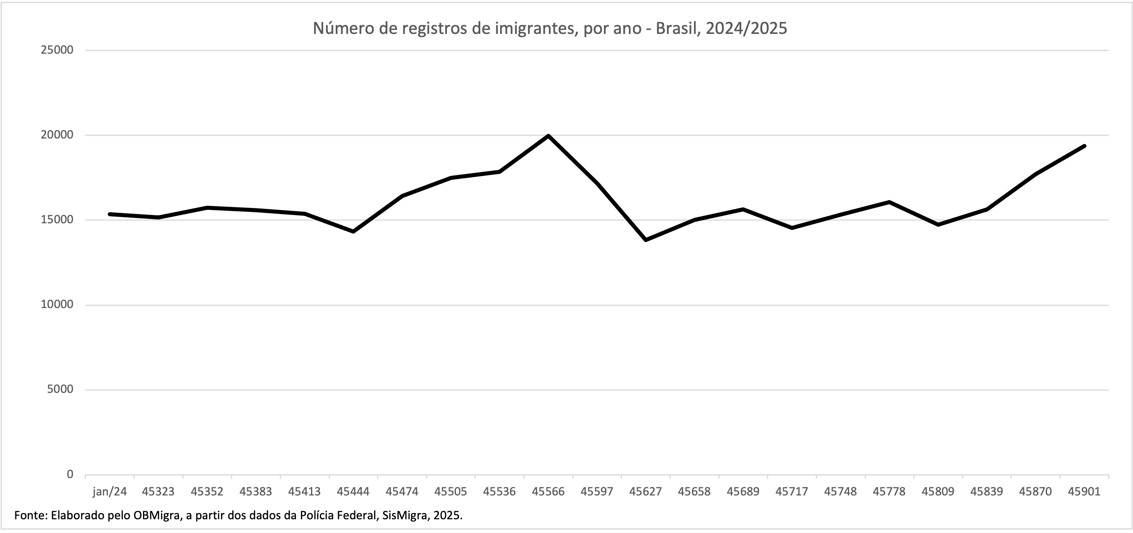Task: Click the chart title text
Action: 550,28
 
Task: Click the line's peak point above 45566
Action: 548,136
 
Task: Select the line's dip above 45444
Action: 353,231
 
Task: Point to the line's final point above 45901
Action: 1085,146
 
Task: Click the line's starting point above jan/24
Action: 109,214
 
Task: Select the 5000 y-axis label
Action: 60,390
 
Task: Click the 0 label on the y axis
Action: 70,474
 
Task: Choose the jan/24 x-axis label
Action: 109,492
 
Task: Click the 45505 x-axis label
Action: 450,492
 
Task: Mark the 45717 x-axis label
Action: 792,492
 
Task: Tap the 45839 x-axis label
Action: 986,492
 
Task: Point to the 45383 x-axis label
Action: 256,492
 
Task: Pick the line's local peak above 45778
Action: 889,202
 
